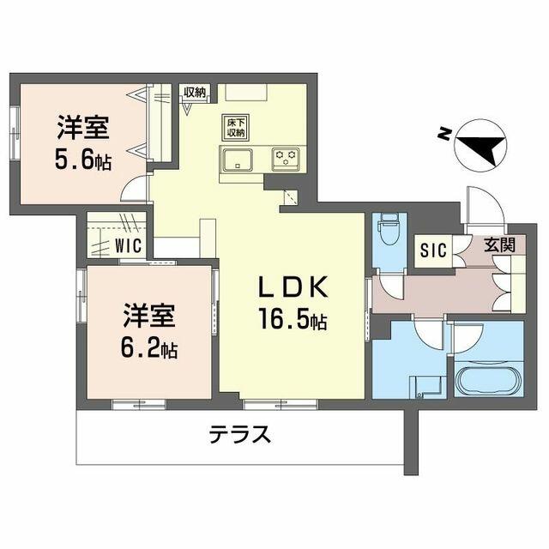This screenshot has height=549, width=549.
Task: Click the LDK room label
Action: pos(293,287)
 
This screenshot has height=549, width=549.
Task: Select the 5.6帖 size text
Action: pos(82,160)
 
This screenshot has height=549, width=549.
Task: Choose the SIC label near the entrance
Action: pos(433,250)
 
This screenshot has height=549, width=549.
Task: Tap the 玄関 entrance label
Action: pos(499,245)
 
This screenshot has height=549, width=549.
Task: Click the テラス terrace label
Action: pos(240,435)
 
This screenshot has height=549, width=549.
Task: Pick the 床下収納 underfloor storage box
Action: pos(236,128)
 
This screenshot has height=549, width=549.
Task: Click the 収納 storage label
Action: pos(195,92)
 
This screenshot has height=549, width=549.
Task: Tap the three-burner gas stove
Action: pos(286,159)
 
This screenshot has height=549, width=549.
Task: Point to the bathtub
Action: pos(489,380)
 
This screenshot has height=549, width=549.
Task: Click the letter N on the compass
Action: pos(444,133)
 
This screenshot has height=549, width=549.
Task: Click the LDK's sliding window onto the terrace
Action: pos(281,404)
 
